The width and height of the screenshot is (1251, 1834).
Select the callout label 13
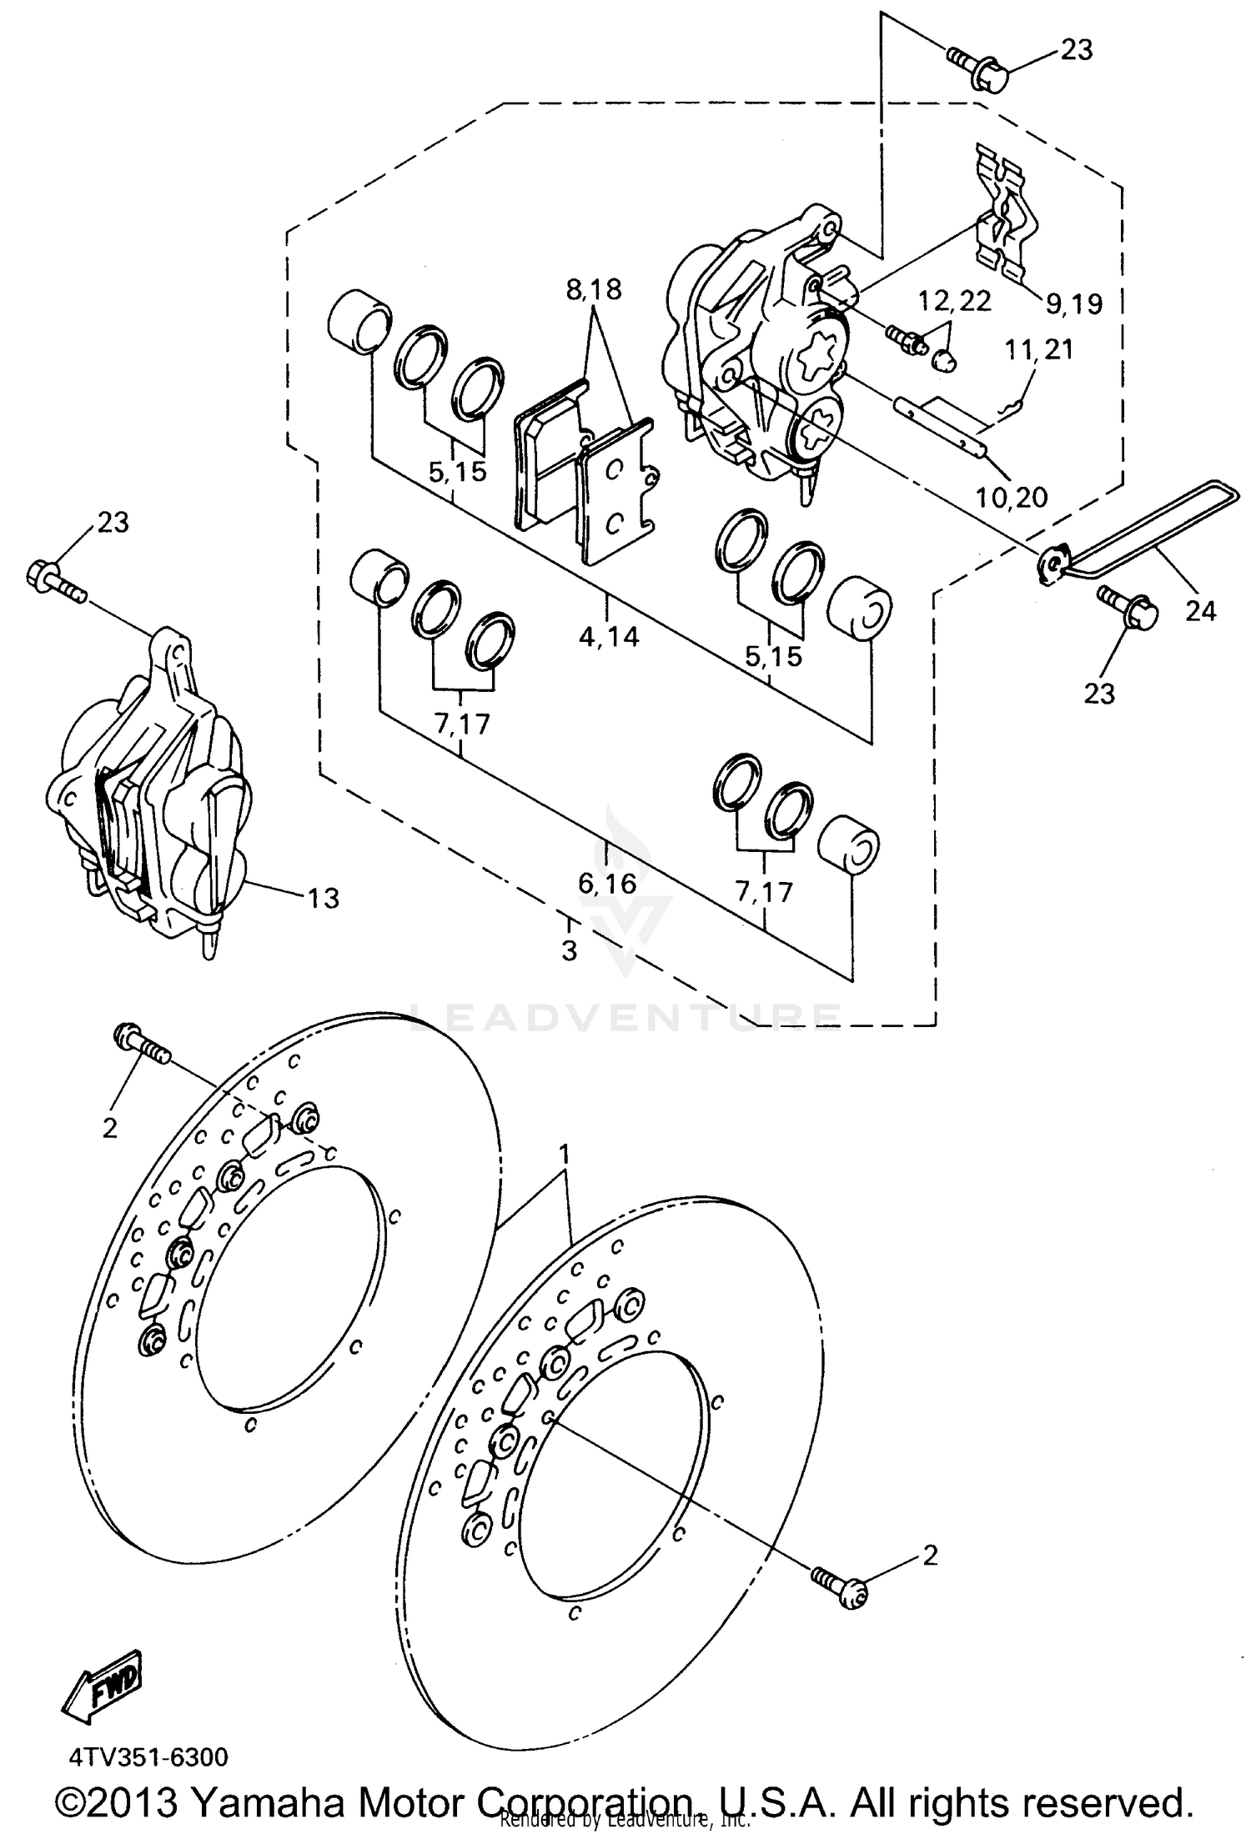[323, 898]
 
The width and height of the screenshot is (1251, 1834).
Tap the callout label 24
[1201, 611]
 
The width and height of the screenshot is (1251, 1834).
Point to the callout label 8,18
[593, 290]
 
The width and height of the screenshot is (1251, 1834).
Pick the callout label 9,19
[1074, 303]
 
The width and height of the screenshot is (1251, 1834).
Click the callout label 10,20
[1011, 498]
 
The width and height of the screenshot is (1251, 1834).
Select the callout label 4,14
[609, 637]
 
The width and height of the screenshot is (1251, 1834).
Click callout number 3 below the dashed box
[569, 950]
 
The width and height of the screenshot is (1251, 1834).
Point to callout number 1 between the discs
[565, 1154]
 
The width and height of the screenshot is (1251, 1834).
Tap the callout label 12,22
[955, 300]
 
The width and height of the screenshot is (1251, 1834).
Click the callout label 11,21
[1038, 349]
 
